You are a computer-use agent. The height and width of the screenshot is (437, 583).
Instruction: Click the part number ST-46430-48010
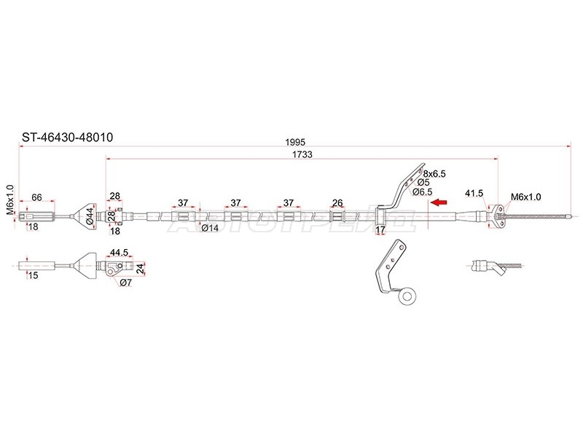[67, 138]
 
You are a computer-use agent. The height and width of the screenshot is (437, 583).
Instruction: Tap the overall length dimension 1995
[295, 142]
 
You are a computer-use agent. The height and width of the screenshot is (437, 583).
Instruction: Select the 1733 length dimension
[302, 154]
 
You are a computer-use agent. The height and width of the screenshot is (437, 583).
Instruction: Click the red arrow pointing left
[439, 202]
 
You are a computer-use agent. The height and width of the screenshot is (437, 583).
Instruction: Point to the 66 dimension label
[37, 197]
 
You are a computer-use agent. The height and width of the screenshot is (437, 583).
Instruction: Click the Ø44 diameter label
[90, 216]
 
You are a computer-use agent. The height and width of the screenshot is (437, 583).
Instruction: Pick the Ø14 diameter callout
[210, 228]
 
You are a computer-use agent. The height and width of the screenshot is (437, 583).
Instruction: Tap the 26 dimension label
[337, 203]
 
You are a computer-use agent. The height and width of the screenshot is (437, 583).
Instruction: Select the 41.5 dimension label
[474, 193]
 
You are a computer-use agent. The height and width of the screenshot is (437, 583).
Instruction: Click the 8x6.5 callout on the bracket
[434, 174]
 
